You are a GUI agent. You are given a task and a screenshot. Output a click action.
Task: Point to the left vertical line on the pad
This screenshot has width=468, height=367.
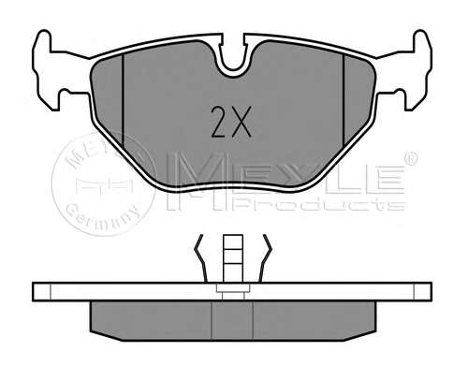point(124,103)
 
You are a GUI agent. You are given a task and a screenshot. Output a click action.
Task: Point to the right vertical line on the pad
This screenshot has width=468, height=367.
point(344,103)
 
